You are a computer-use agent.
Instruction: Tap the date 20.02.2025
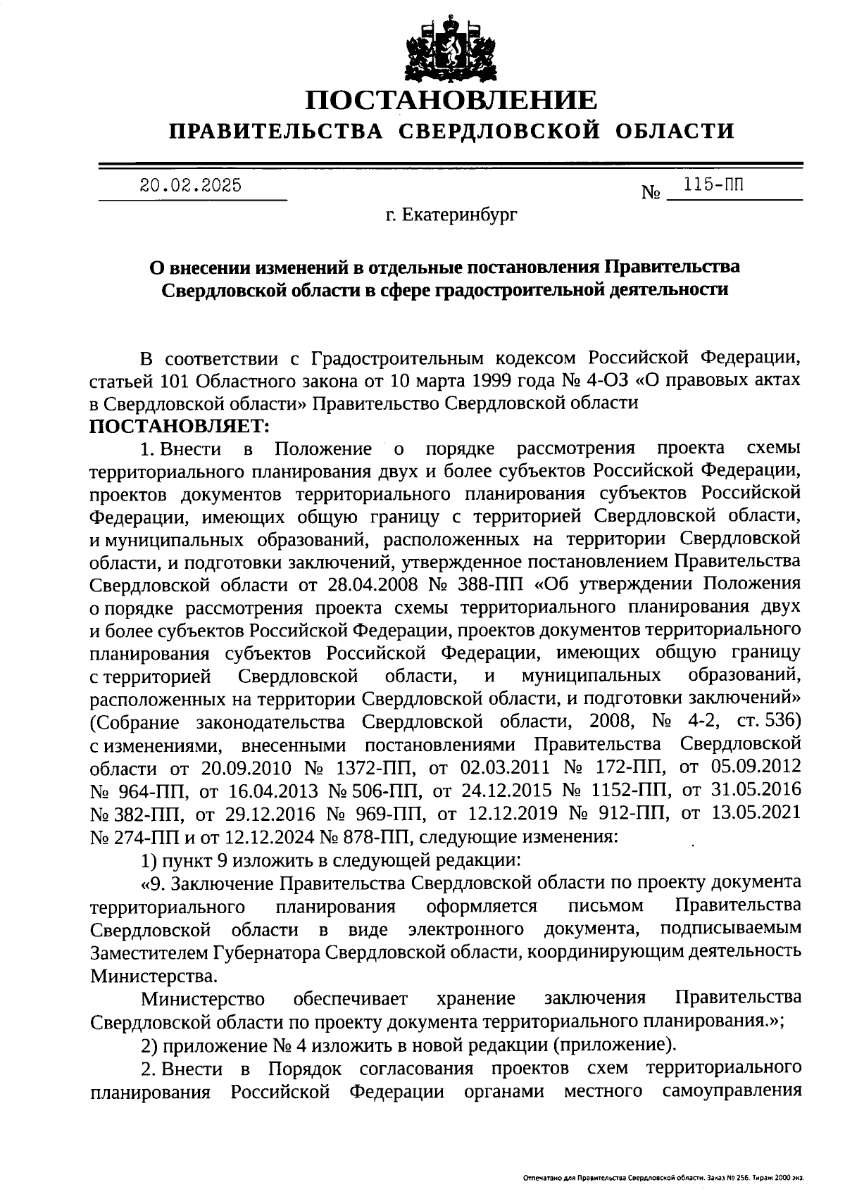pos(191,186)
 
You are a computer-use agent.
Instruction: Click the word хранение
pos(475,998)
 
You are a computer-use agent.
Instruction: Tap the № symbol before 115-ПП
pos(650,191)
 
